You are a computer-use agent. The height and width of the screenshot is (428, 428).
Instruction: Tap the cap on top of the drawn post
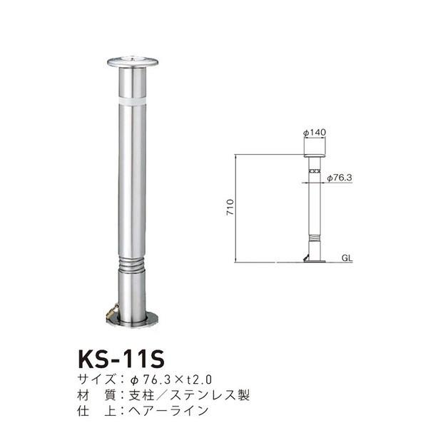tap(313, 156)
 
